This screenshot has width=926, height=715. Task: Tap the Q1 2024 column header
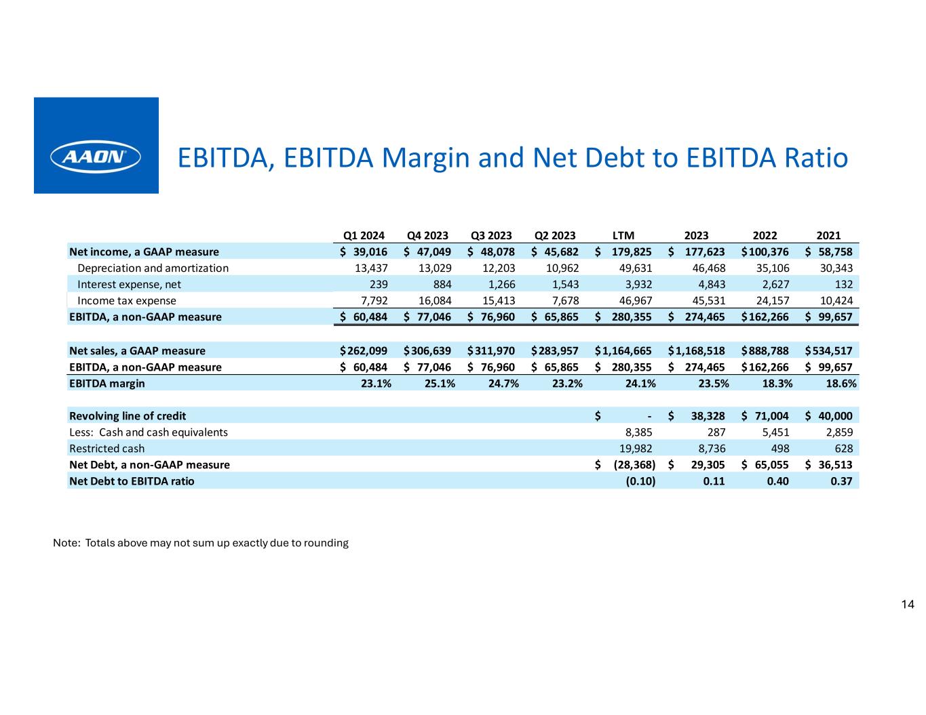pyautogui.click(x=364, y=236)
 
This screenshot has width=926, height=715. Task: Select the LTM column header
pyautogui.click(x=623, y=236)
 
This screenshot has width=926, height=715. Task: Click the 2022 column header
pyautogui.click(x=765, y=236)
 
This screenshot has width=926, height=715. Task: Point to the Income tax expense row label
pyautogui.click(x=127, y=301)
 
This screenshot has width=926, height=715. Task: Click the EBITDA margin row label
pyautogui.click(x=107, y=384)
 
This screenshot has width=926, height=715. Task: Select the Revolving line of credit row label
pyautogui.click(x=128, y=416)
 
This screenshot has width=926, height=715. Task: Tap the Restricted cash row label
pyautogui.click(x=107, y=449)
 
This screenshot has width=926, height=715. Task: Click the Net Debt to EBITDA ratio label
pyautogui.click(x=132, y=481)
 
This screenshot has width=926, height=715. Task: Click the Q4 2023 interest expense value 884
pyautogui.click(x=442, y=285)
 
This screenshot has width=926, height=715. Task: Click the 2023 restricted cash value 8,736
pyautogui.click(x=712, y=449)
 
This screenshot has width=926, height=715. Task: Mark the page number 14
pyautogui.click(x=908, y=605)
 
